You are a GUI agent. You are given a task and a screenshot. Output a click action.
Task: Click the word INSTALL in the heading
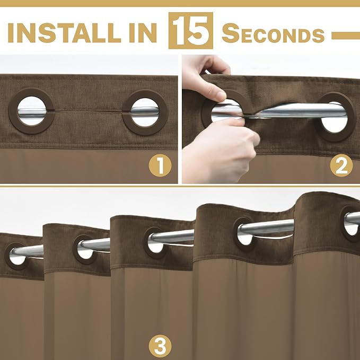64,32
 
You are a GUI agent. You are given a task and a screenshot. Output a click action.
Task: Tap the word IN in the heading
143,32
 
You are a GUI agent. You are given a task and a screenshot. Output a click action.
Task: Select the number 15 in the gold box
190,30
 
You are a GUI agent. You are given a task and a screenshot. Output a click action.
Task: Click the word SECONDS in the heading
273,33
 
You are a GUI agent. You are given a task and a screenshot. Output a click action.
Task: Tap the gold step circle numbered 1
160,165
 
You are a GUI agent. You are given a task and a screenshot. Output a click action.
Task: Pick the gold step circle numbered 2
341,165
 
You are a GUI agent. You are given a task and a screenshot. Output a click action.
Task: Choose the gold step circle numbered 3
160,346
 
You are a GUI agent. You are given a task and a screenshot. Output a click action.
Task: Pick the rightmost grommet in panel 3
343,224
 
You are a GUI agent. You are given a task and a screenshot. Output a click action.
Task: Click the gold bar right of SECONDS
346,36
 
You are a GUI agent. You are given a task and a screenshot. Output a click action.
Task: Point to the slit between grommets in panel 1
89,111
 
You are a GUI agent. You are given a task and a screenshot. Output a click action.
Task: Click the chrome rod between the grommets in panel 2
287,110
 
